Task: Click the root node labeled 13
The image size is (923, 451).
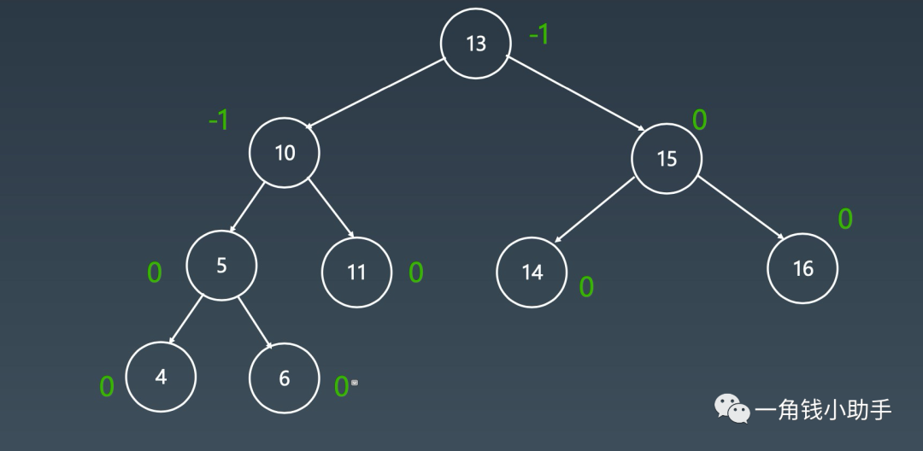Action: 476,44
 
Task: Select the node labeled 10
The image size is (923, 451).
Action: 285,153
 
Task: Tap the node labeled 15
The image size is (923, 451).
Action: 667,158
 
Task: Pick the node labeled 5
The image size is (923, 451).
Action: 221,265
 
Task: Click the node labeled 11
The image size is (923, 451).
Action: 356,272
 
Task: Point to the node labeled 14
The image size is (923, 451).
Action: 532,272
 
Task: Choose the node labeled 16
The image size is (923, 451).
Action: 802,269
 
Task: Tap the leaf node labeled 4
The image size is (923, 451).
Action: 161,377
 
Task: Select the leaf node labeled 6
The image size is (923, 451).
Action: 285,378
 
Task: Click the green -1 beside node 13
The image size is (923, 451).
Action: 538,36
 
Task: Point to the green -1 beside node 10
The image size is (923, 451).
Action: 219,121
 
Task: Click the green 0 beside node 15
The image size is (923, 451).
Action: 699,120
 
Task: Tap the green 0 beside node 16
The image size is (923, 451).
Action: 844,220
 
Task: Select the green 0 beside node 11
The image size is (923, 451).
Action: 416,272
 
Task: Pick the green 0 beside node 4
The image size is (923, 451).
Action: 107,387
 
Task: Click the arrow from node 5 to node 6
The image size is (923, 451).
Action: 254,323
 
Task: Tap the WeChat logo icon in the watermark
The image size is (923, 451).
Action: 732,408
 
